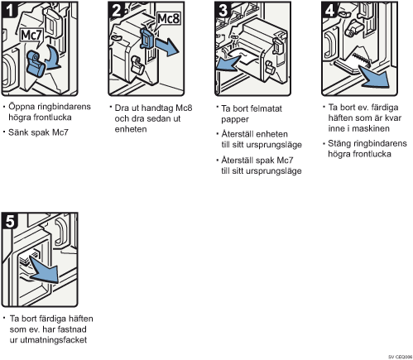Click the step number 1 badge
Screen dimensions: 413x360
tap(10, 10)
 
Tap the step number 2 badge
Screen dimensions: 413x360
tap(116, 10)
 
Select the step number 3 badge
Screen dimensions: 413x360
tap(223, 10)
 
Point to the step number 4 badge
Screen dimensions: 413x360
tap(329, 10)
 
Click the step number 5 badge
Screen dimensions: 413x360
tap(10, 221)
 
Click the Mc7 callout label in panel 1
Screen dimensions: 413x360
tap(31, 36)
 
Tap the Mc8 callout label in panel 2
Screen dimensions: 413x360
tap(168, 19)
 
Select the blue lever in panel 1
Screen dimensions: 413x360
tap(36, 64)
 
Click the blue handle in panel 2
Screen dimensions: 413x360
tap(147, 39)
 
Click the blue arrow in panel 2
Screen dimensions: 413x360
tap(166, 46)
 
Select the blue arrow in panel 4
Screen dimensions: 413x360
tap(376, 77)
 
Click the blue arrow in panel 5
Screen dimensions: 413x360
tap(44, 270)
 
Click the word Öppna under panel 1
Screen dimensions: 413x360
tap(21, 107)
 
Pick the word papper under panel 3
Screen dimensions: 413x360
tap(235, 120)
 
